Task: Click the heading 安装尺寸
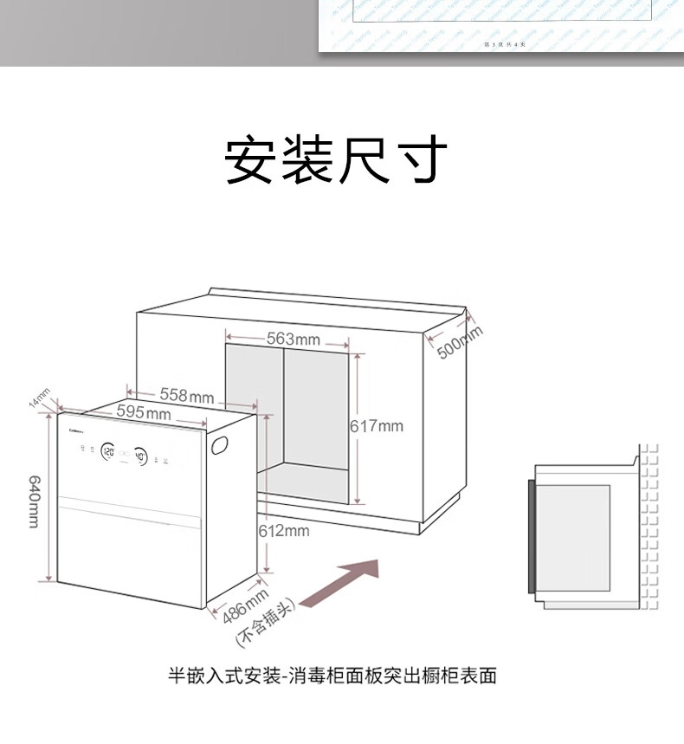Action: (336, 160)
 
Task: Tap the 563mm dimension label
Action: (292, 339)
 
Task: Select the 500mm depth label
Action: (459, 341)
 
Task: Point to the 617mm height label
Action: (377, 426)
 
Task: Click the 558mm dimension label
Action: (186, 396)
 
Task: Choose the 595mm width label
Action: (144, 413)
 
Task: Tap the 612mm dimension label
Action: (283, 530)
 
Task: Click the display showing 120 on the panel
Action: (109, 451)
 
